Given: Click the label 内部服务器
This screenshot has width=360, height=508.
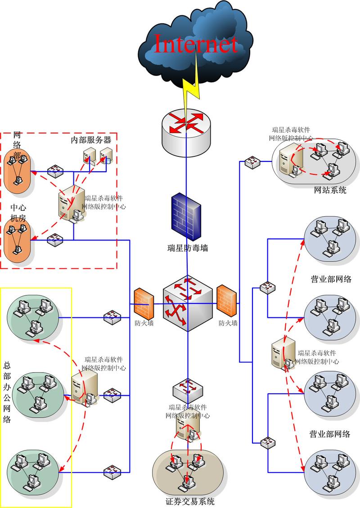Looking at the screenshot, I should pos(90,140).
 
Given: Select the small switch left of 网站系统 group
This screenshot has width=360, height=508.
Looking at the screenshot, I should pos(252,162).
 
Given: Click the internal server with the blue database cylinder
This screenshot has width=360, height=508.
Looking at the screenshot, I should pos(106,155).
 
